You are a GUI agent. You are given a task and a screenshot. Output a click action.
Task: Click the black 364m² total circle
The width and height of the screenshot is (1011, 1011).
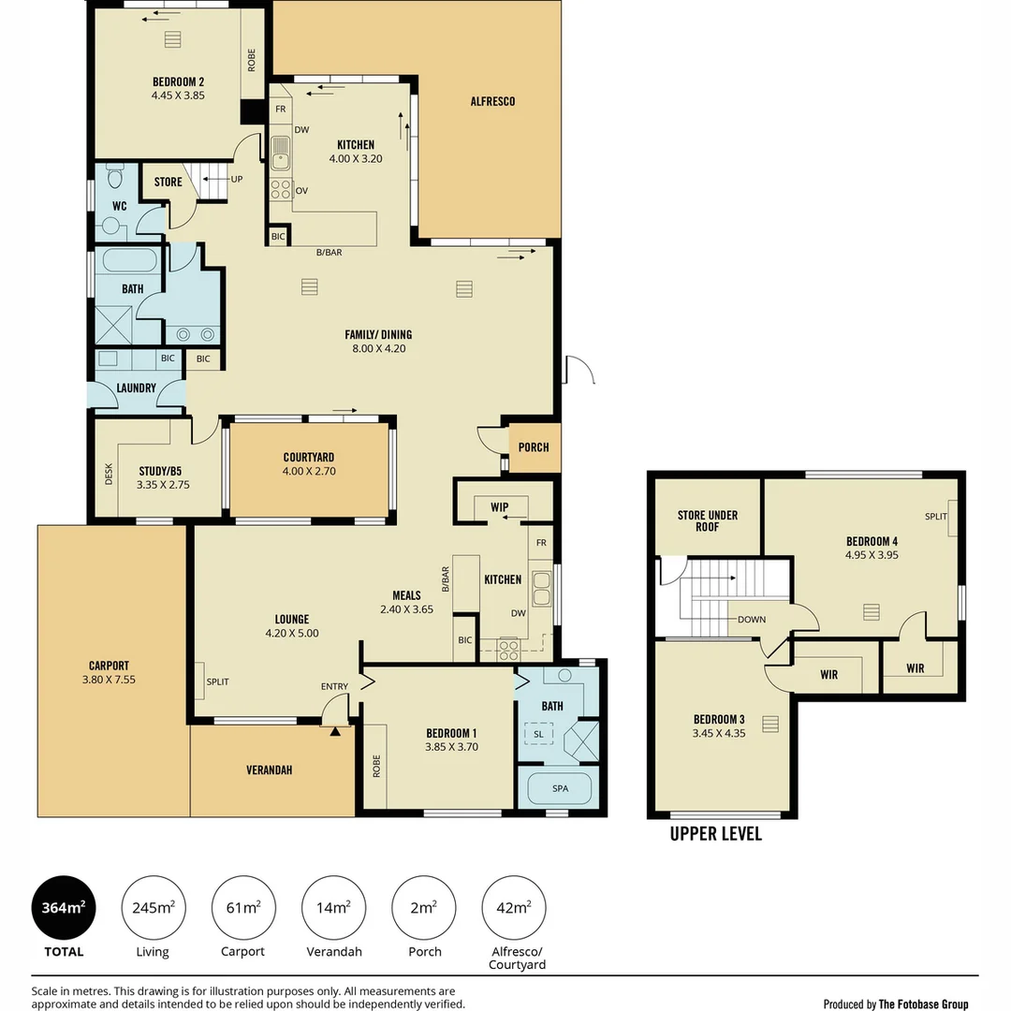(x=64, y=907)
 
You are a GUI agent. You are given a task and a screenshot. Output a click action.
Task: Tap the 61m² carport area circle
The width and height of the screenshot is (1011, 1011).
(x=243, y=907)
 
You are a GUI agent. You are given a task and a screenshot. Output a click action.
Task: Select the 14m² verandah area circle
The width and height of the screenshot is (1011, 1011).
(x=333, y=907)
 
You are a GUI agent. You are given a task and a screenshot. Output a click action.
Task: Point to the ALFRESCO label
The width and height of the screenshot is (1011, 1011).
(x=492, y=101)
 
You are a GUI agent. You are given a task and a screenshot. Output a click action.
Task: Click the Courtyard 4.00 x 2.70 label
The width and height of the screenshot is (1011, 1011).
(x=309, y=464)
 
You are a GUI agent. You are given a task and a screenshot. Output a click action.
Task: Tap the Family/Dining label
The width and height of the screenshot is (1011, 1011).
(x=378, y=341)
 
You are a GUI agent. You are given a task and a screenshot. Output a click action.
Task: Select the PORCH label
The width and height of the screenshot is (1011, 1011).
(x=534, y=447)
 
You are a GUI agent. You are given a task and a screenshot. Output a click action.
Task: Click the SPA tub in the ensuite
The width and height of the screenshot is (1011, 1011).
(x=560, y=788)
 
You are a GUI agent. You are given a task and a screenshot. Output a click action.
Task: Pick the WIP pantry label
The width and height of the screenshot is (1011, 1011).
(x=500, y=506)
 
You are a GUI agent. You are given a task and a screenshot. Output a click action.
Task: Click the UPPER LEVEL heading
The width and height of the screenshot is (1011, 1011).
(x=716, y=834)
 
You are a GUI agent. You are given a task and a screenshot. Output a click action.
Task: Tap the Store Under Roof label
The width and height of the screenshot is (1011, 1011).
(x=708, y=521)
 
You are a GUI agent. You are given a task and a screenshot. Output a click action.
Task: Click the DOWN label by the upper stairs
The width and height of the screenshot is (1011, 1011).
(x=752, y=619)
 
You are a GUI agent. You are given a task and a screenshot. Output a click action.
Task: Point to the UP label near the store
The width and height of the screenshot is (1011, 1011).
(x=237, y=179)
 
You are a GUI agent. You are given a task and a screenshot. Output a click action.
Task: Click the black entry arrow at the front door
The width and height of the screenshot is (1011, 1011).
(x=334, y=730)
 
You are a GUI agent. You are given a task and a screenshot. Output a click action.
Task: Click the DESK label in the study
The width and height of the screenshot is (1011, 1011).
(x=109, y=474)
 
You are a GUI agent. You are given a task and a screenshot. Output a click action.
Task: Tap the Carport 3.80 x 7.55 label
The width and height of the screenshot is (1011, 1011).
(x=109, y=672)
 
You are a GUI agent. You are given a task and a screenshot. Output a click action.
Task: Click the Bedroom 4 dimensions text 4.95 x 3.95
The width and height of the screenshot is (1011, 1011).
(x=872, y=554)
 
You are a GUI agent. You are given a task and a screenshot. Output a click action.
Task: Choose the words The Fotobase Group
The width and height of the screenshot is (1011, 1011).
(x=923, y=1004)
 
